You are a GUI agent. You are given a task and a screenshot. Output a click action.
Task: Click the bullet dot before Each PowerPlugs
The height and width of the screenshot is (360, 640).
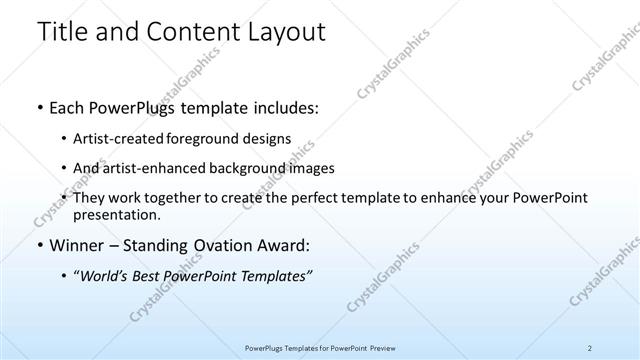39,107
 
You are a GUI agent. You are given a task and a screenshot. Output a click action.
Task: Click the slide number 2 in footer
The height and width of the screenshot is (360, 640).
590,347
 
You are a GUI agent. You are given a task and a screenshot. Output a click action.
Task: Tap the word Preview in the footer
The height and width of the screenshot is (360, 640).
380,347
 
